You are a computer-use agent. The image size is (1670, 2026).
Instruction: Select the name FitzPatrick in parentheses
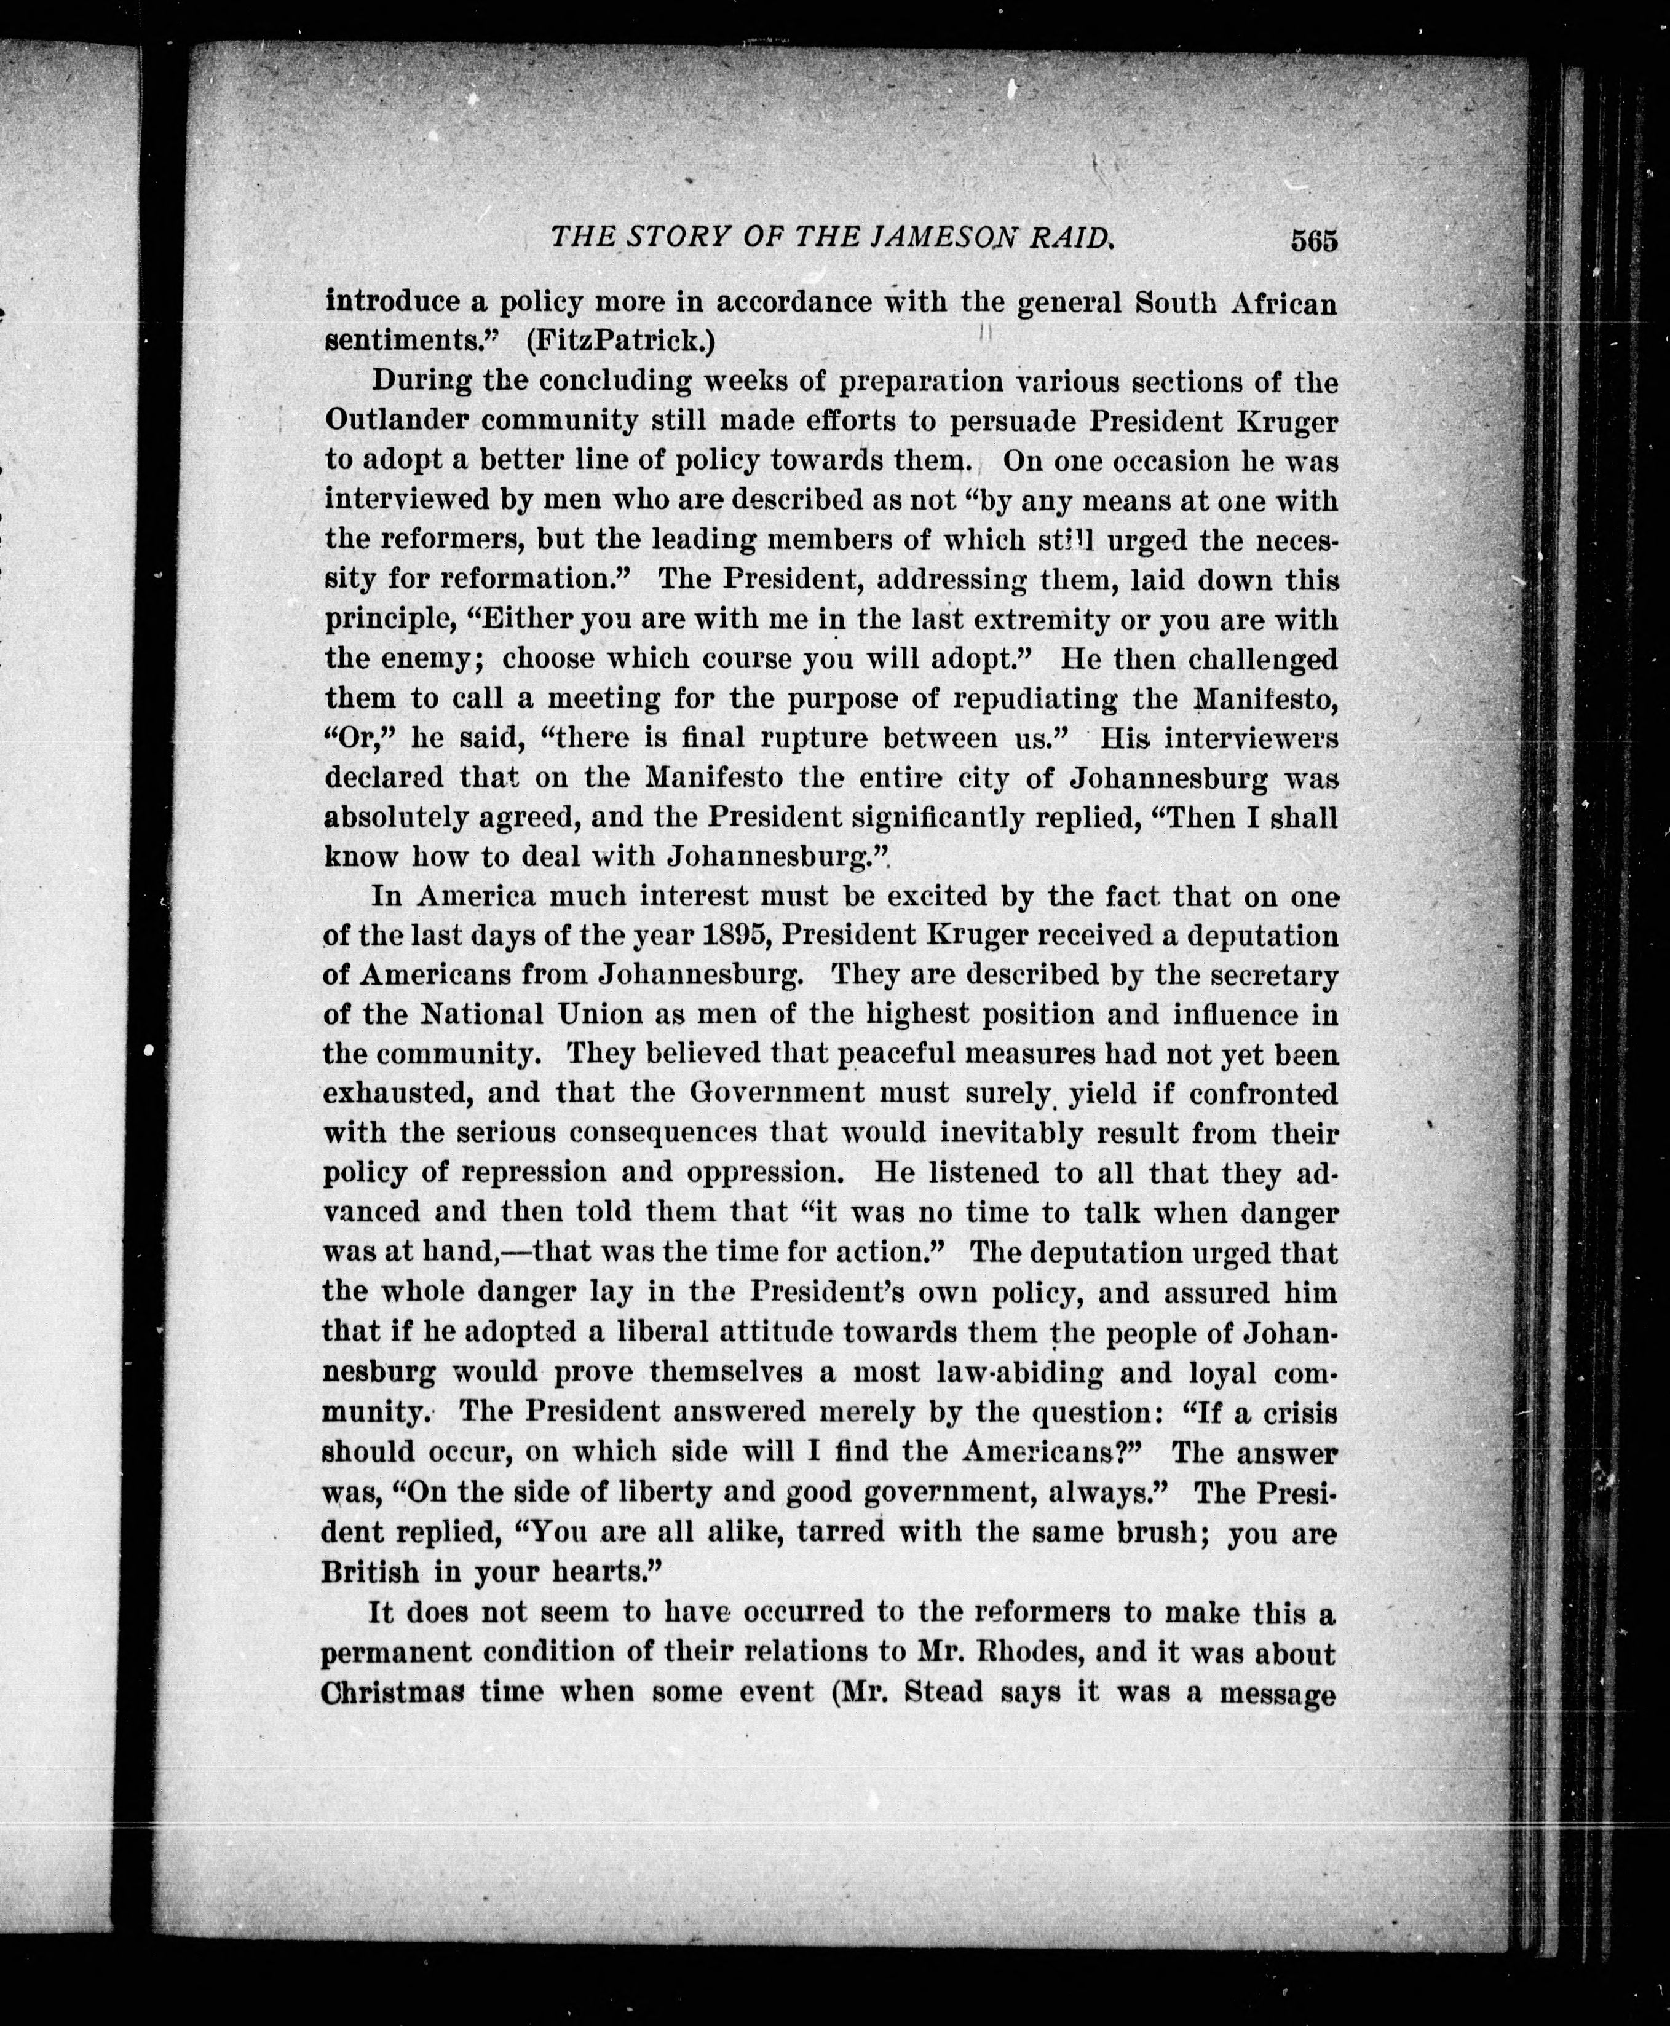click(617, 341)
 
